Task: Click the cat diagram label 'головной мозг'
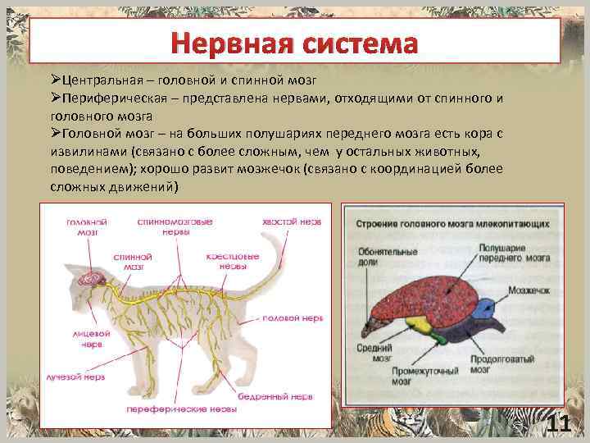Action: (87, 226)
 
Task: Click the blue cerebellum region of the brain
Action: (484, 309)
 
